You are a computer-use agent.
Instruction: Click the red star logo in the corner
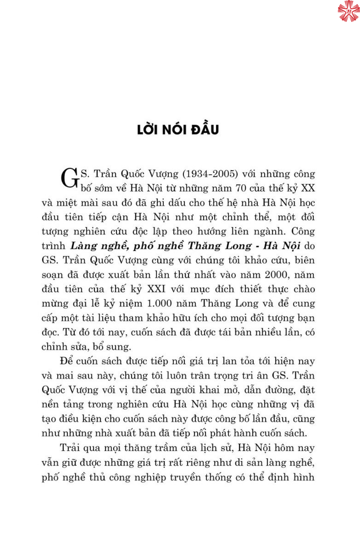point(348,11)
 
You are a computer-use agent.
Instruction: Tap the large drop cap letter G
point(70,178)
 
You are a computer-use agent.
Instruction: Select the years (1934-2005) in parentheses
point(210,174)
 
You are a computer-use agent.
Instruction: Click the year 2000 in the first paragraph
point(276,275)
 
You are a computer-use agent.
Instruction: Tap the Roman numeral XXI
point(156,289)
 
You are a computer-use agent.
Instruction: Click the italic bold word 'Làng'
point(84,246)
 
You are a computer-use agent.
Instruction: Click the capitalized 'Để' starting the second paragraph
point(66,361)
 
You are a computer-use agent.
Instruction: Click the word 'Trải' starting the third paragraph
point(69,448)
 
